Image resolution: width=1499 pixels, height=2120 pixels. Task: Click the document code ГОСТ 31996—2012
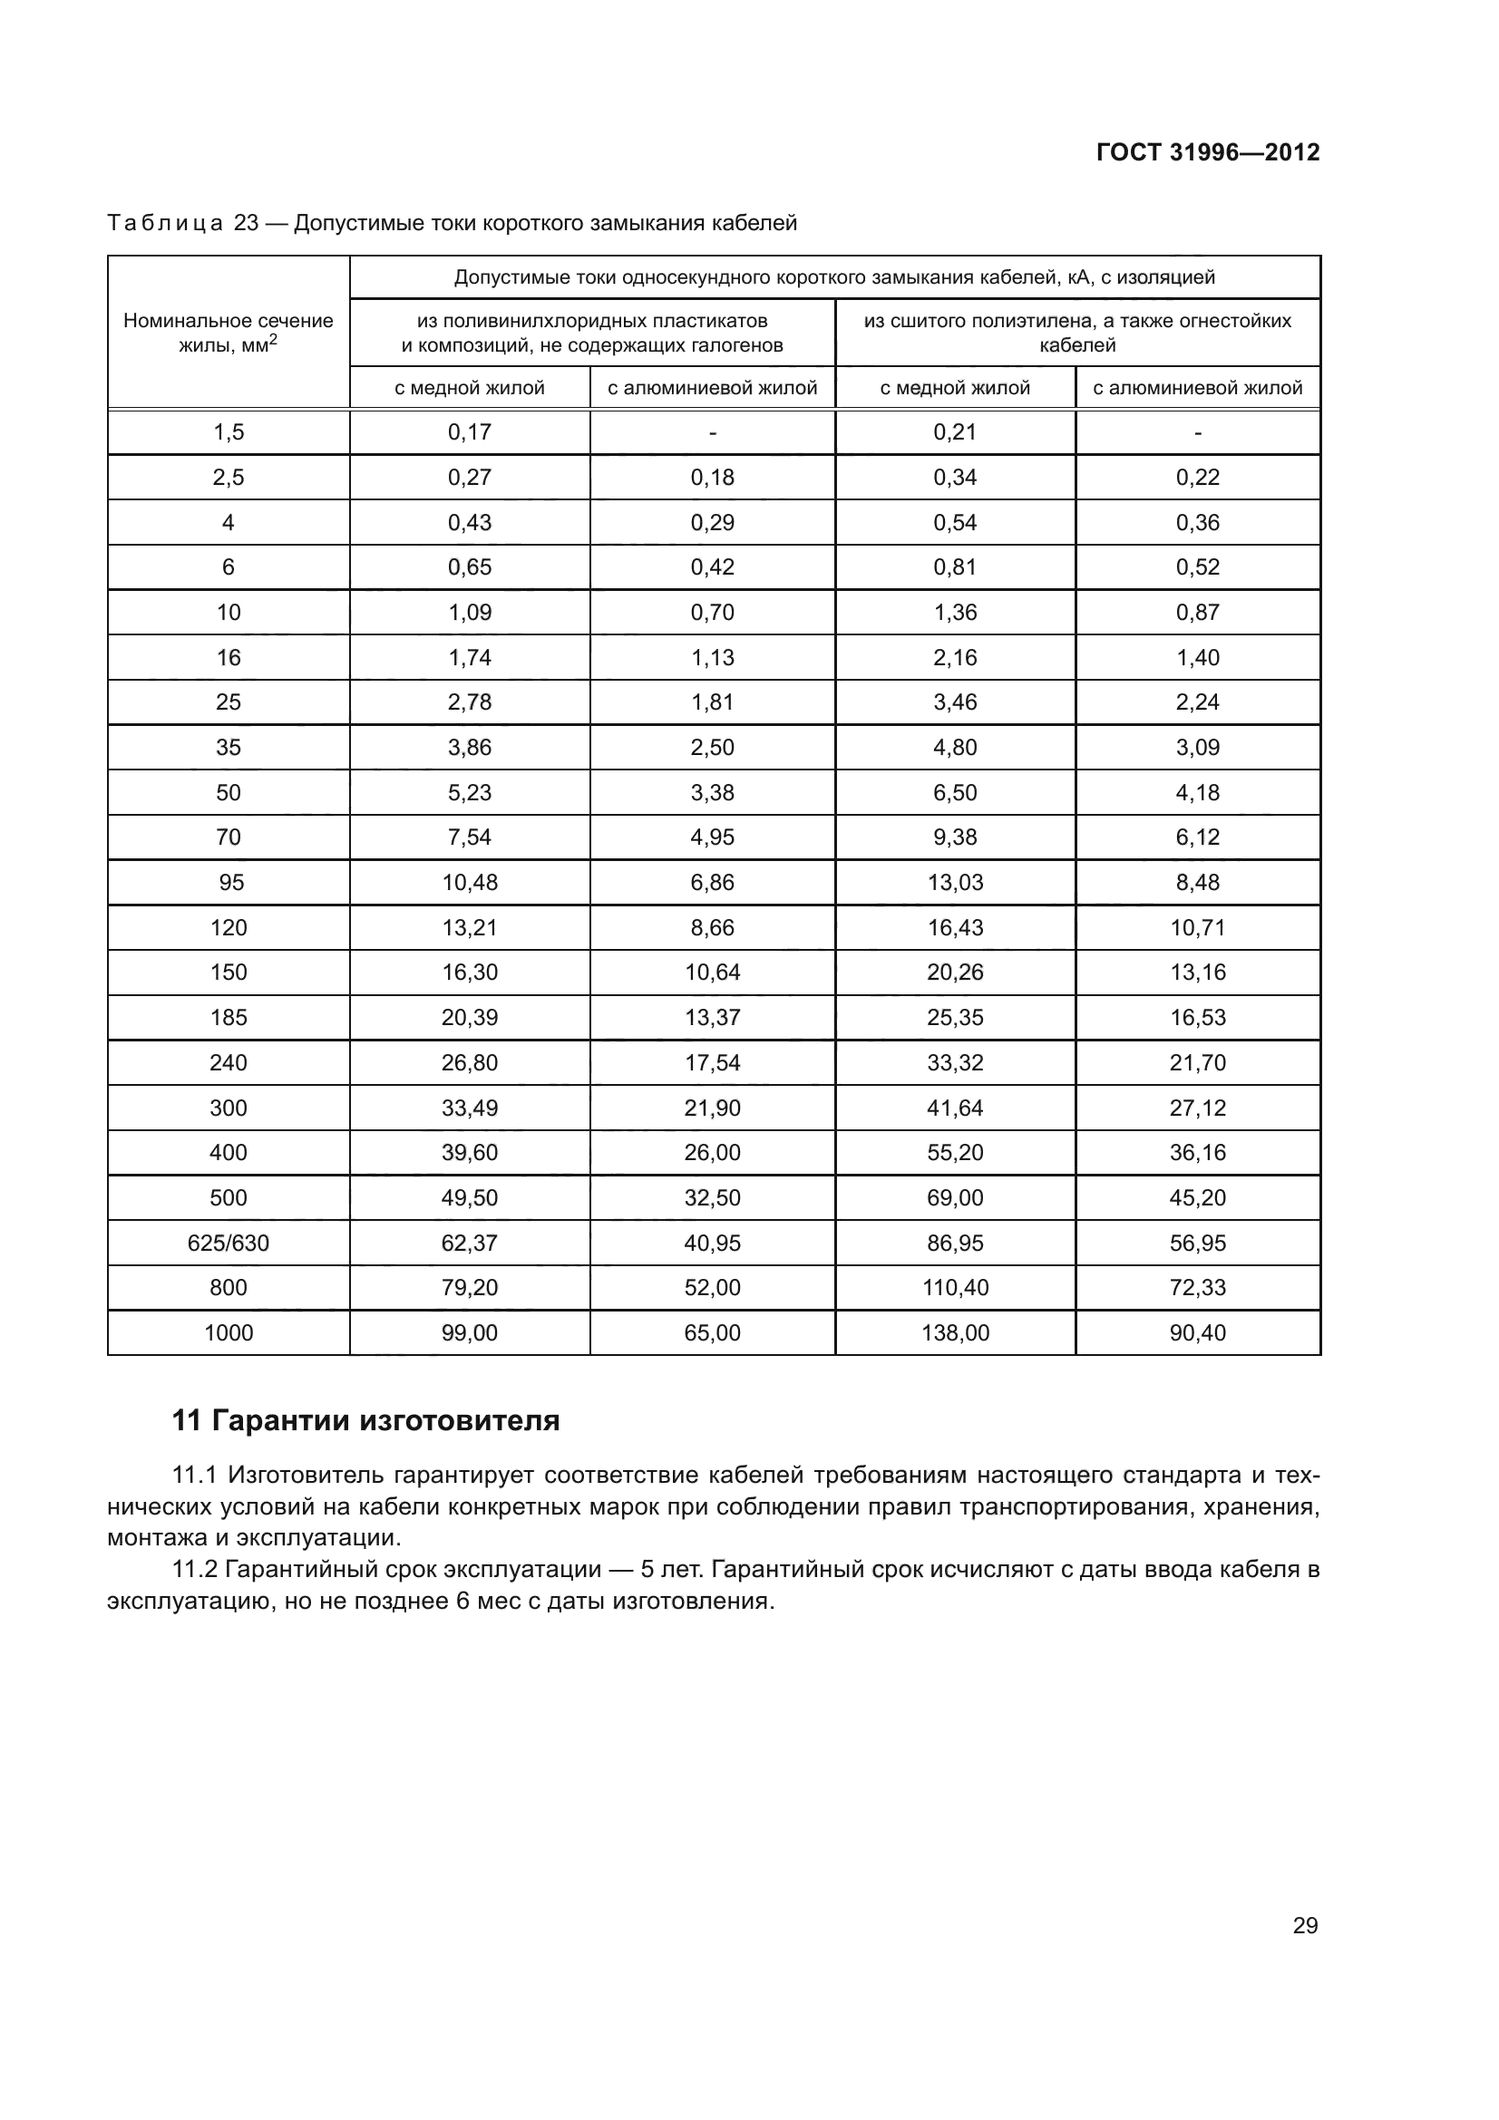point(1207,152)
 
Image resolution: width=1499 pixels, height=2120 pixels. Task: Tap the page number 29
point(1304,1925)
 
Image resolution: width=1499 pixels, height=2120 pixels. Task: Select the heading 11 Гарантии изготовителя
point(365,1420)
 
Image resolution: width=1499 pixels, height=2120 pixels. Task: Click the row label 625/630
point(229,1243)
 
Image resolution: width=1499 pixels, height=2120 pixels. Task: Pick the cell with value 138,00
point(955,1332)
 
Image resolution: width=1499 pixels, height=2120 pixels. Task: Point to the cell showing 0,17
point(469,432)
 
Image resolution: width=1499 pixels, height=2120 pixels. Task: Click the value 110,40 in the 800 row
point(955,1287)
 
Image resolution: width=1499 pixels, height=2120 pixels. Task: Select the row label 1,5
point(229,432)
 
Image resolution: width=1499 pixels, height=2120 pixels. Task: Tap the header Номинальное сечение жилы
point(229,333)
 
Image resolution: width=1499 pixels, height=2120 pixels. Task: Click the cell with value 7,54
point(469,837)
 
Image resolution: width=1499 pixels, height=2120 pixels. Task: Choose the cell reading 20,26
point(955,973)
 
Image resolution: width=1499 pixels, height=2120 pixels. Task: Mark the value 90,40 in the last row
point(1197,1332)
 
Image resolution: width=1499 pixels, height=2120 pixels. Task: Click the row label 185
point(229,1018)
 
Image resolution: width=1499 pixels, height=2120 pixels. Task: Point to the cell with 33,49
point(469,1107)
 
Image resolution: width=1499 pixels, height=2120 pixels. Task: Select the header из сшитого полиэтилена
point(1077,333)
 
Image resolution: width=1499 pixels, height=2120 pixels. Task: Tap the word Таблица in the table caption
point(165,224)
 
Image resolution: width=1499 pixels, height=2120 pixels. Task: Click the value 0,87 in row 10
point(1197,612)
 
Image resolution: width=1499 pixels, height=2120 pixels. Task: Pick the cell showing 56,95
point(1197,1243)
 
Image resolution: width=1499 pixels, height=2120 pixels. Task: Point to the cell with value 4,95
point(712,837)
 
